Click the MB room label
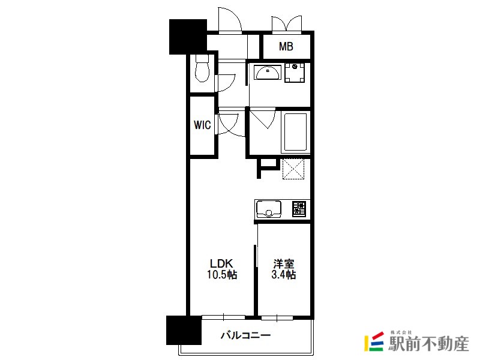point(286,47)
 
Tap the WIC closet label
point(202,125)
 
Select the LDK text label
point(221,263)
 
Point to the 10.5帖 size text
point(222,275)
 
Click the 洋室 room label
point(284,263)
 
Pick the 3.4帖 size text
point(284,275)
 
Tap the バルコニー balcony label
point(245,335)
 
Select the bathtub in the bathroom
point(295,132)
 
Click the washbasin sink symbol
point(268,73)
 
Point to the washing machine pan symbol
point(295,73)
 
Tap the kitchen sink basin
point(268,209)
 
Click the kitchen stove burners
point(299,209)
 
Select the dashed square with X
point(293,169)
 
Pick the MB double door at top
point(287,24)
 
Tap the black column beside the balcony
point(184,331)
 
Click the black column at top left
point(188,37)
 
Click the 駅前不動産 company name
point(428,344)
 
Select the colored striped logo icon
point(374,341)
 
